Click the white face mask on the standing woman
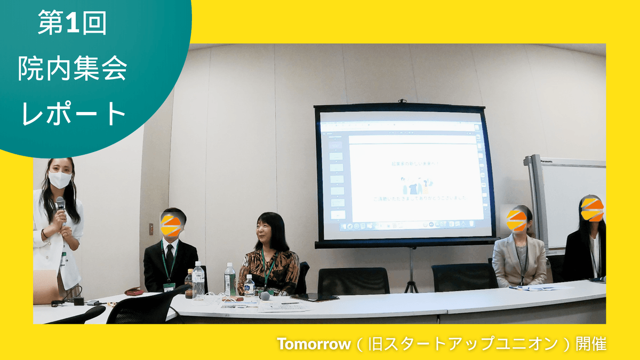[60, 179]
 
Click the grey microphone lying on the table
[265, 296]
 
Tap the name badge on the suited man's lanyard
[169, 287]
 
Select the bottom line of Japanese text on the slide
[420, 198]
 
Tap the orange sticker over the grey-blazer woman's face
[516, 220]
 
